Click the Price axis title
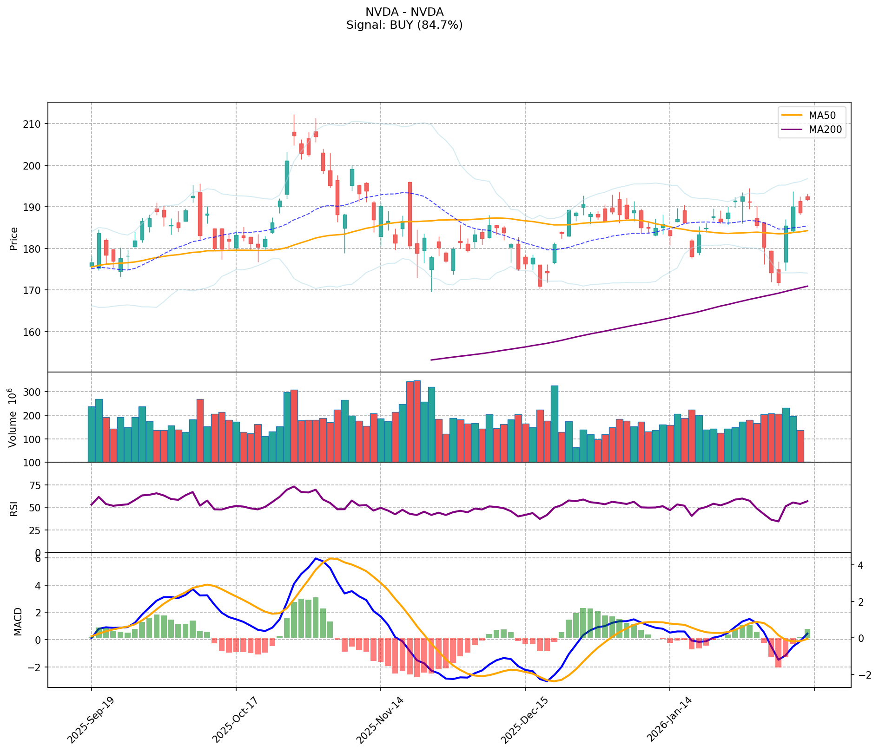(x=13, y=238)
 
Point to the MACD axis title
(x=18, y=621)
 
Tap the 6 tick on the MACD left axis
(x=38, y=559)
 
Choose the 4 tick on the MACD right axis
(x=860, y=566)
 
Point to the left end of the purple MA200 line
(x=431, y=360)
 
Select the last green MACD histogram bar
(x=807, y=634)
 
